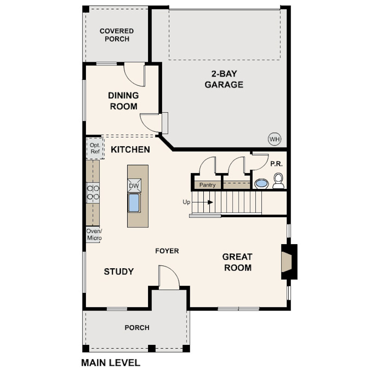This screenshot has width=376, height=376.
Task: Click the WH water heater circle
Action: (274, 139)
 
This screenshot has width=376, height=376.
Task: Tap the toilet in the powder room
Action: (278, 181)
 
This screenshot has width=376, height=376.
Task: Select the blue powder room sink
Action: (261, 184)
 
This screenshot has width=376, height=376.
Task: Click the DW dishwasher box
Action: (134, 185)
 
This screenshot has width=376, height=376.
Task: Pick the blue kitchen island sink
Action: (134, 203)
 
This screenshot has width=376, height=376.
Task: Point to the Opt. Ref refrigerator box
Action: (95, 148)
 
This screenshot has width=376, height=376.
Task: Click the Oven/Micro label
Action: (94, 234)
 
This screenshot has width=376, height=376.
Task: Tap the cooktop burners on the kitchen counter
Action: (93, 193)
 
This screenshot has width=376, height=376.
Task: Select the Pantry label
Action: (207, 185)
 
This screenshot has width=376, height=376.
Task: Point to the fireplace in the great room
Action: (289, 262)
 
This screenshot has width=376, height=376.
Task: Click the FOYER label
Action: (167, 251)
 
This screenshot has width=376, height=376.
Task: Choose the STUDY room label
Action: (119, 272)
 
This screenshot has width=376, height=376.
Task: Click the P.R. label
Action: (277, 164)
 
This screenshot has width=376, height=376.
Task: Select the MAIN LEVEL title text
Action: (111, 363)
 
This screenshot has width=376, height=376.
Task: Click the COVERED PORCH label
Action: (117, 35)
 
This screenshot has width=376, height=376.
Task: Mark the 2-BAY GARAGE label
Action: (224, 79)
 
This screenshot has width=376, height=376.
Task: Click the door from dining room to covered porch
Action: (135, 74)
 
